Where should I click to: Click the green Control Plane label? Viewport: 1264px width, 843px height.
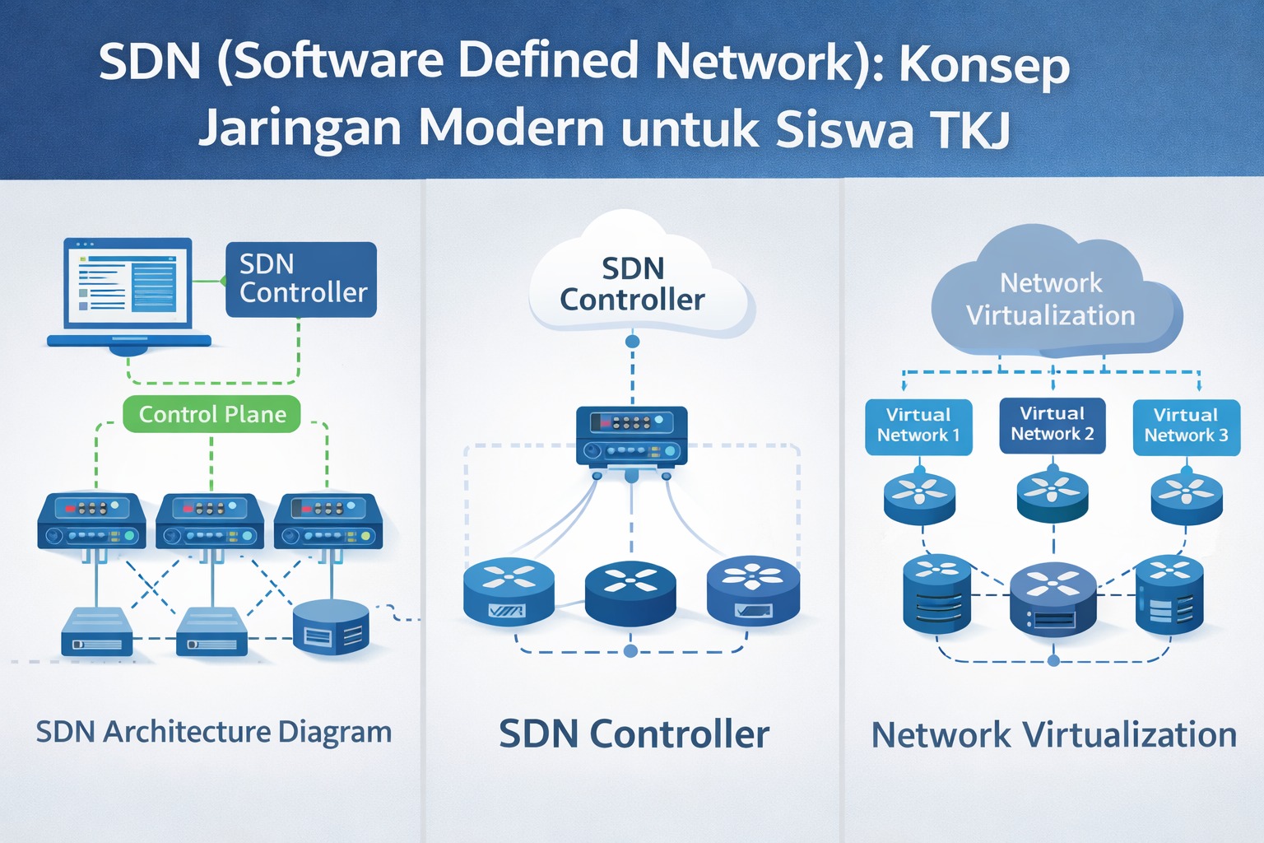(x=212, y=414)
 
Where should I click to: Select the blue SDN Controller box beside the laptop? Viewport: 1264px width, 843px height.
(x=301, y=279)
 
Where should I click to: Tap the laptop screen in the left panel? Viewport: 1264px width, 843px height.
(x=128, y=283)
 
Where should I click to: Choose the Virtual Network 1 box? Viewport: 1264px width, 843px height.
(x=918, y=426)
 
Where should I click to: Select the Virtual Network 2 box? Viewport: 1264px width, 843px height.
(x=1052, y=425)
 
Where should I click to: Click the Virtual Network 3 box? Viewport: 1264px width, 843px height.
(x=1186, y=426)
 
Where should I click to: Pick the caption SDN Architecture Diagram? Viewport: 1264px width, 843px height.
(x=213, y=732)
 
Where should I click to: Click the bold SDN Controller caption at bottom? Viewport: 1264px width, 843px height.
(x=634, y=734)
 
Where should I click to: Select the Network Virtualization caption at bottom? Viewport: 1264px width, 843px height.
(x=1053, y=734)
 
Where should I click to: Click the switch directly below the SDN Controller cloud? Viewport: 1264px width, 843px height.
(x=631, y=437)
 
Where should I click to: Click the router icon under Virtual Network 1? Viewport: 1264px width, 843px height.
(x=919, y=496)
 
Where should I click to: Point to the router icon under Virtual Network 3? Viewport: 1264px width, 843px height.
(x=1186, y=496)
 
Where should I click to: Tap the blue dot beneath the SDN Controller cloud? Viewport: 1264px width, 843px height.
(x=632, y=341)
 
